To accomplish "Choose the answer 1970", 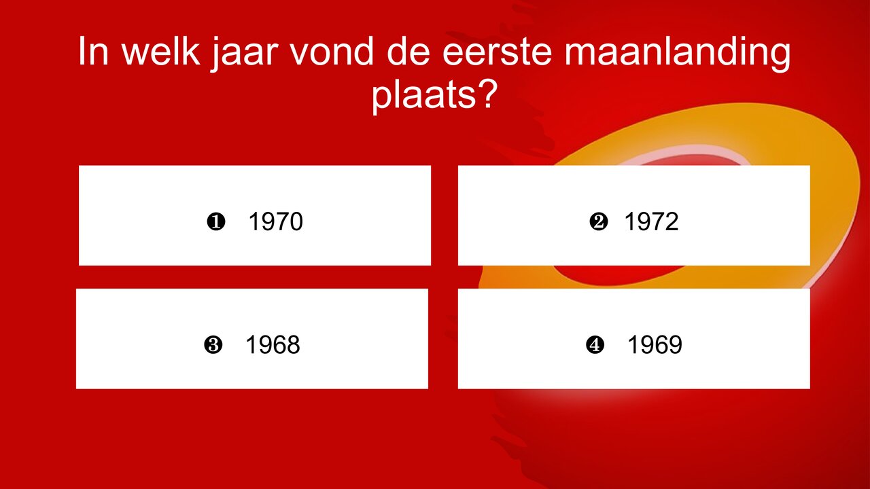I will coord(275,222).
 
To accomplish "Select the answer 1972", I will coord(651,222).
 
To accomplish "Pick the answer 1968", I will coord(273,346).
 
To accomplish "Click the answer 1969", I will coord(654,346).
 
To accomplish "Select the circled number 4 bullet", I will coord(595,346).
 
